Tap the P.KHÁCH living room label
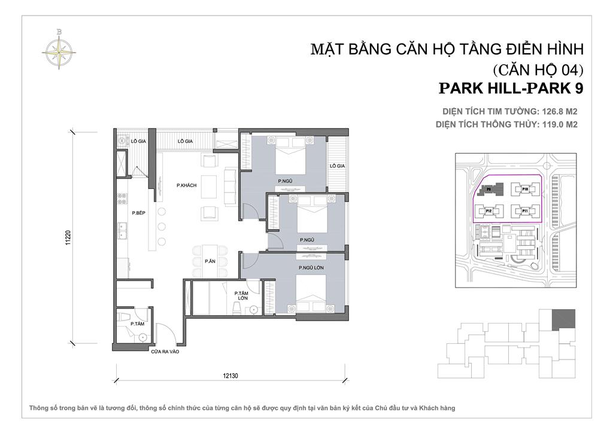186,185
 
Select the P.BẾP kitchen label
139,213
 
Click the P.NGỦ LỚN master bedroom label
311,268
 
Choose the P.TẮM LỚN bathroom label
242,295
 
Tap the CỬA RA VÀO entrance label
165,352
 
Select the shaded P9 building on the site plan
488,191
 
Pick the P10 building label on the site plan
524,189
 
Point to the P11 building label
524,211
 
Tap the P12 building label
488,211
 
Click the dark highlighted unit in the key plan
563,319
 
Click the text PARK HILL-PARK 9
511,88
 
